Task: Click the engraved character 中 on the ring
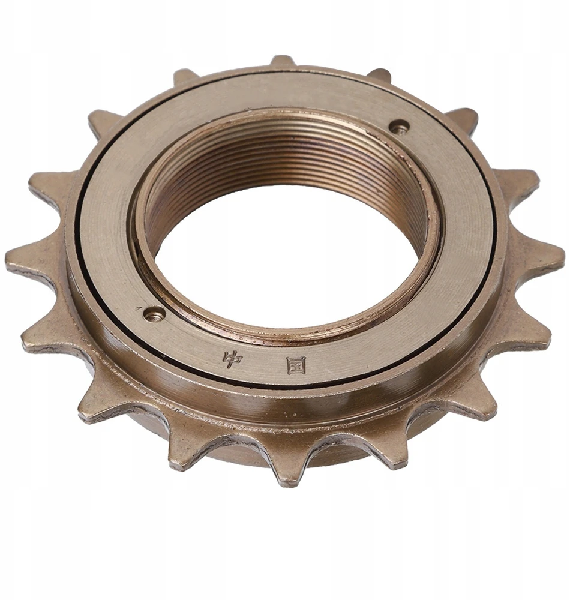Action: [x=232, y=359]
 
